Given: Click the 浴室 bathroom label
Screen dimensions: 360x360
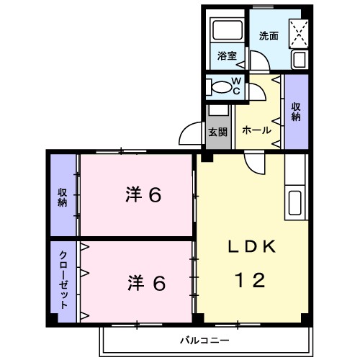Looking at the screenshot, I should pos(228,55).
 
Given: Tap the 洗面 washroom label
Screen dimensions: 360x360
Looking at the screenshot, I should pos(269,35).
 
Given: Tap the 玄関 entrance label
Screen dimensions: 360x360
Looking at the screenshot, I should pos(218,132).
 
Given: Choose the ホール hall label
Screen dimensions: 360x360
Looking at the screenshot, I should pos(257,130).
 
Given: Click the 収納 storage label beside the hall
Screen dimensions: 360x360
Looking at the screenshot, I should pos(295,112).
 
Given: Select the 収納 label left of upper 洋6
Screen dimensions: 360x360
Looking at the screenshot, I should pos(63,197).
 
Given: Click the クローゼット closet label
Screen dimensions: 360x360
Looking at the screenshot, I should pos(63,281).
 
